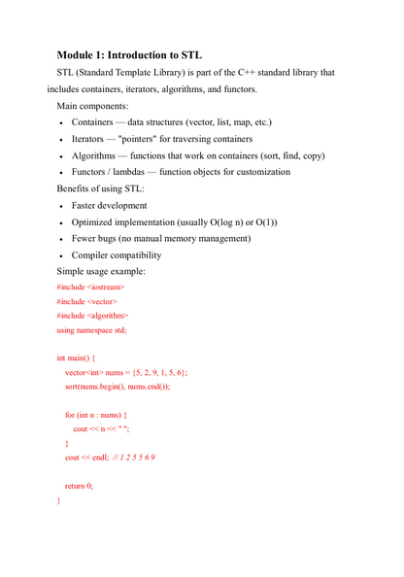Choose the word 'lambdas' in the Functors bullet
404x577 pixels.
(x=140, y=172)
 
